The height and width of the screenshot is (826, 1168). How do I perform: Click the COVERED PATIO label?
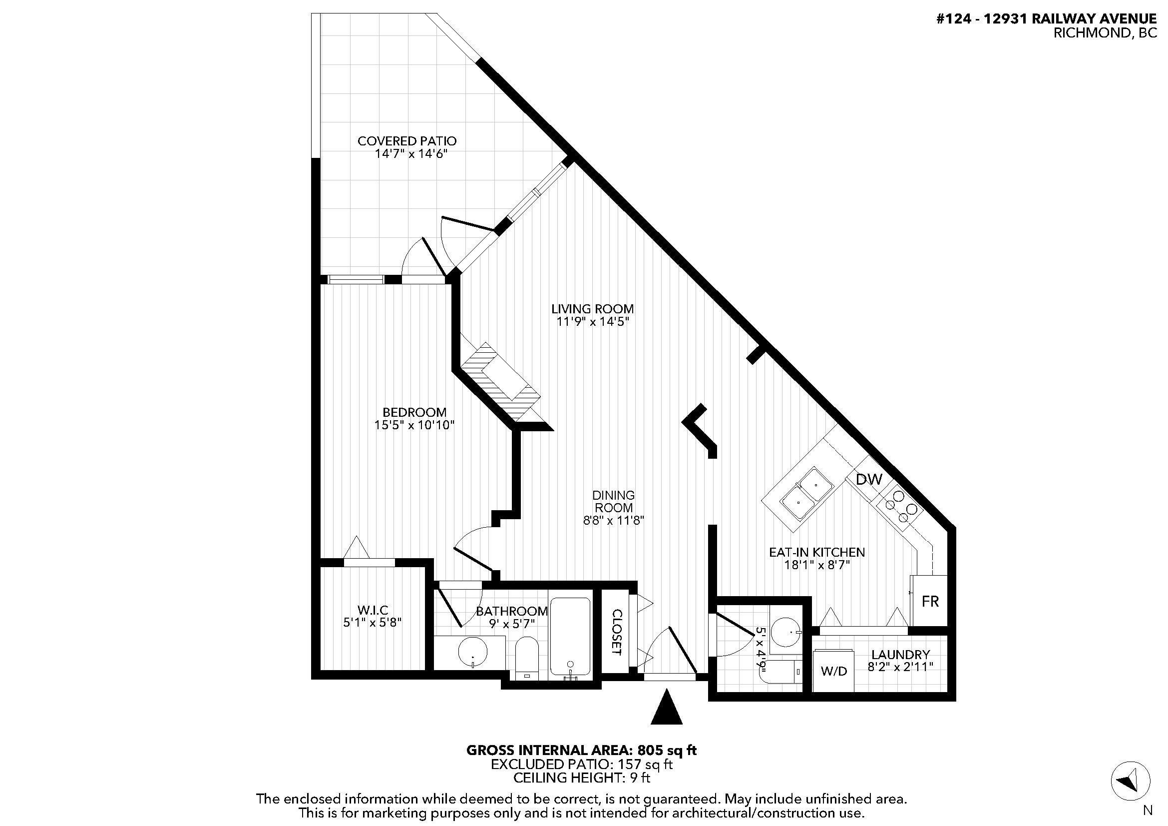(407, 141)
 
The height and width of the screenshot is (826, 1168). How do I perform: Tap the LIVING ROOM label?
(593, 309)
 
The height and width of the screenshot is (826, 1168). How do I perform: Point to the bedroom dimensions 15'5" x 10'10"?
(414, 425)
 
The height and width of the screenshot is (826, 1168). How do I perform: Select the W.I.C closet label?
(373, 610)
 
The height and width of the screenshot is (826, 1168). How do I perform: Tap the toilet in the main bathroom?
(527, 659)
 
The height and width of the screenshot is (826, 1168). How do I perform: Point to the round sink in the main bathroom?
(472, 652)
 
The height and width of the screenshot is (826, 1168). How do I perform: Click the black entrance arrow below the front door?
(667, 707)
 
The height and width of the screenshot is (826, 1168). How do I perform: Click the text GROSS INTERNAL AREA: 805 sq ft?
(581, 750)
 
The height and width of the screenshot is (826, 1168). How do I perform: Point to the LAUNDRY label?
(900, 655)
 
